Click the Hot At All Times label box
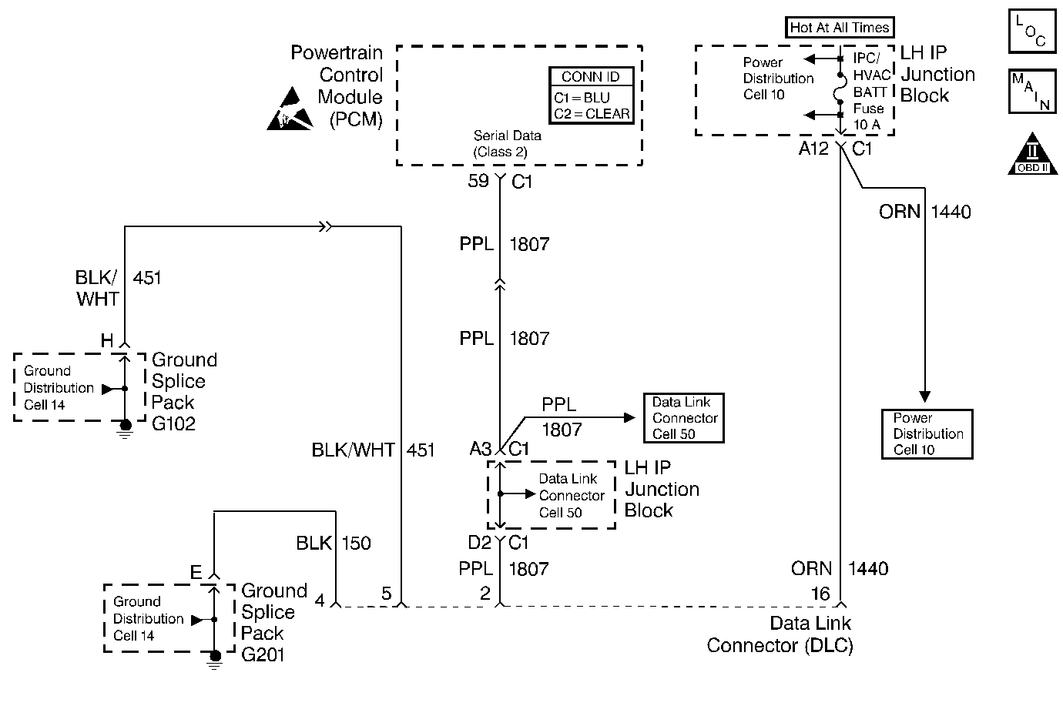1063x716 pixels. tap(839, 28)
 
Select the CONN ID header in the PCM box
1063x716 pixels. tap(591, 77)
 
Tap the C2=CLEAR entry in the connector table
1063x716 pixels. tap(592, 114)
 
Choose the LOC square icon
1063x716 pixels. tap(1032, 31)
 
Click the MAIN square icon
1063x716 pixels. tap(1032, 92)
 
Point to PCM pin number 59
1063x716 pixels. tap(478, 181)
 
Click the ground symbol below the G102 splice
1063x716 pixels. tap(126, 428)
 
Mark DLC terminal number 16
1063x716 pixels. tap(820, 594)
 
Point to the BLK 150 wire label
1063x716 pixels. tap(334, 544)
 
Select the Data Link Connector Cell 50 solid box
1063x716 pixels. tap(684, 418)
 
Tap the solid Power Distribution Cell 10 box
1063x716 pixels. tap(927, 434)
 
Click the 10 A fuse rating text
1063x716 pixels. tap(867, 124)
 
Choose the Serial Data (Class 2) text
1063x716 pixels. tap(507, 144)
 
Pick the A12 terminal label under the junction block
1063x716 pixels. tap(813, 149)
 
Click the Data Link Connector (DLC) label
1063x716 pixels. tap(780, 634)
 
